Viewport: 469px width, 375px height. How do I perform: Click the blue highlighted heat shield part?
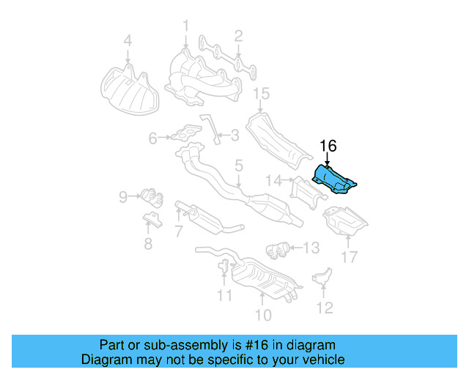point(333,180)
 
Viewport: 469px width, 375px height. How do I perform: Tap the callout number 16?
point(327,146)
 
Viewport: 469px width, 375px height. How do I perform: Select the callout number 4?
point(128,41)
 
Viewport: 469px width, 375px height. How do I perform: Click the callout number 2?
point(239,34)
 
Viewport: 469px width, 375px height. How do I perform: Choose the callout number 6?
point(152,137)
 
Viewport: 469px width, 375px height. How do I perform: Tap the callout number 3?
point(234,135)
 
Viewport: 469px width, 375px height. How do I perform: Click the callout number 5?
point(238,167)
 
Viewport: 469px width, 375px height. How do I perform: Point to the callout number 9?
point(123,196)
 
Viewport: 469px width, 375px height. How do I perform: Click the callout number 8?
point(148,244)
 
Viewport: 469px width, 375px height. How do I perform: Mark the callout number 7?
point(177,232)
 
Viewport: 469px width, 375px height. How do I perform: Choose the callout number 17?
point(349,257)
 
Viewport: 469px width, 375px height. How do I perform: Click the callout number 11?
point(224,295)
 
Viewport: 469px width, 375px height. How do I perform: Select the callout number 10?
point(262,315)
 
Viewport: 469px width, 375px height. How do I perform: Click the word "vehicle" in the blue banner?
point(322,360)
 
